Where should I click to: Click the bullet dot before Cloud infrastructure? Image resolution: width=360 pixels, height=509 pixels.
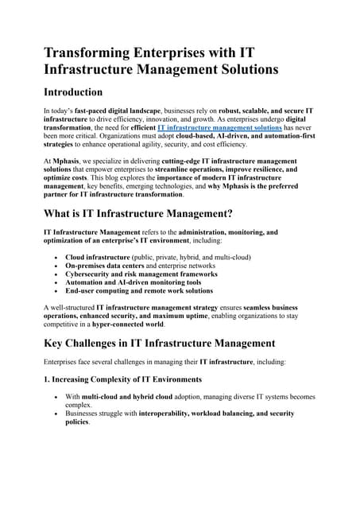point(55,258)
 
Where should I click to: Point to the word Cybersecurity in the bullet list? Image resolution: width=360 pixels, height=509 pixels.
point(91,276)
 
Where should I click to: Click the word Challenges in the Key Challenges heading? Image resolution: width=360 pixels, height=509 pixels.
point(106,344)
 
